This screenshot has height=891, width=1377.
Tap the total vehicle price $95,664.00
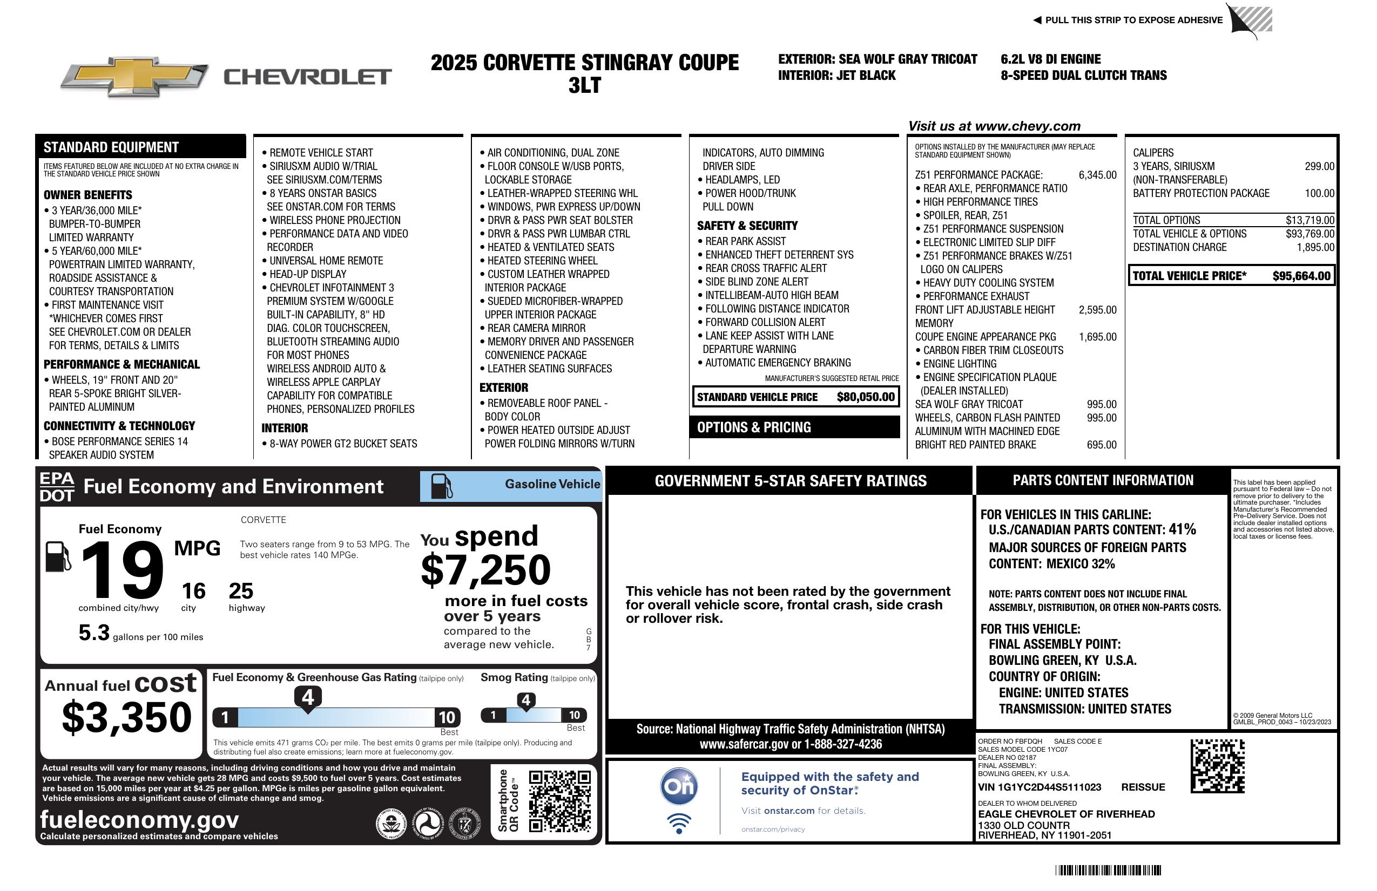tap(1301, 276)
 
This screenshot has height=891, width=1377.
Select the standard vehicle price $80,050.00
tap(866, 397)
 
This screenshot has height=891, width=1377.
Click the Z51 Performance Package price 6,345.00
tap(1097, 175)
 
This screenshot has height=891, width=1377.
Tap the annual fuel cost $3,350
tap(127, 717)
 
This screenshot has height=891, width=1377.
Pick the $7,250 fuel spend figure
tap(486, 570)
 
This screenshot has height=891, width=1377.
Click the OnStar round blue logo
tap(679, 786)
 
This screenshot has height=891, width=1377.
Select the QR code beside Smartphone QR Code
tap(559, 800)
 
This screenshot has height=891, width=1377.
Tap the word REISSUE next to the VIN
tap(1143, 787)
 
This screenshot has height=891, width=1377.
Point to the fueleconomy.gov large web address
tap(139, 819)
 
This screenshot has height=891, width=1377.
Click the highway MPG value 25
tap(241, 591)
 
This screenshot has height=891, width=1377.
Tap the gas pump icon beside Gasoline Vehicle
tap(442, 486)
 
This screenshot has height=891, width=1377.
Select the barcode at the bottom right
tap(1108, 870)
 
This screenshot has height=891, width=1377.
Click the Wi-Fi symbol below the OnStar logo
tap(679, 823)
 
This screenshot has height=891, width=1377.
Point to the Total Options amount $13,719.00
tap(1309, 220)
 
